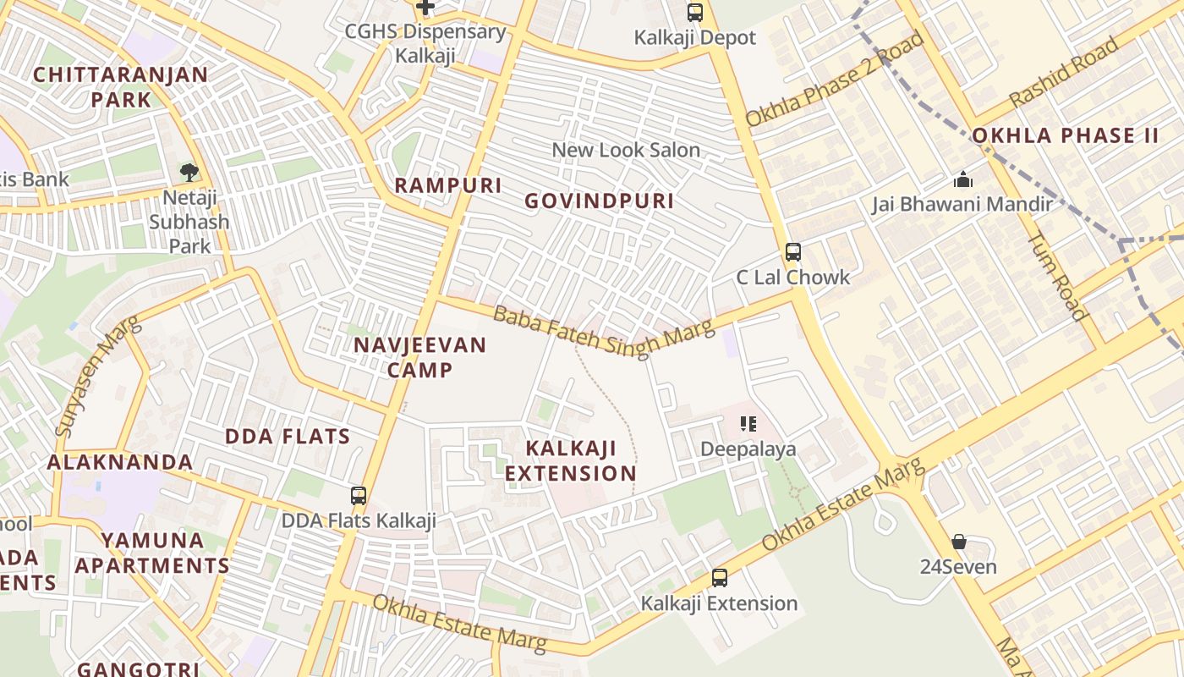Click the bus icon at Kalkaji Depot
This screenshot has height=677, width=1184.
[x=695, y=13]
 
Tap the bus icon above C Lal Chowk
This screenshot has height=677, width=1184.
[x=792, y=251]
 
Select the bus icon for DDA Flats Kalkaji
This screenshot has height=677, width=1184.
[x=359, y=496]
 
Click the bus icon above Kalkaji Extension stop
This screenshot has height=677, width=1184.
[x=719, y=578]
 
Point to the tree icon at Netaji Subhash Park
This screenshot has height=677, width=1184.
[x=189, y=173]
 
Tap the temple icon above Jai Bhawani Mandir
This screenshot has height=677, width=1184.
[x=962, y=179]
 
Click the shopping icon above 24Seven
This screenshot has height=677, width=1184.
[x=958, y=542]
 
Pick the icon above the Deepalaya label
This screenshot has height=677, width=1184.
[x=748, y=423]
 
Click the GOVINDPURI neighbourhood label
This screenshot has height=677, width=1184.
[x=599, y=201]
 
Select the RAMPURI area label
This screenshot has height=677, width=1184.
[x=448, y=185]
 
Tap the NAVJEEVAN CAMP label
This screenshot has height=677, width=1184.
[x=419, y=357]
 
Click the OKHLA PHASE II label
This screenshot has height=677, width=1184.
[x=1065, y=135]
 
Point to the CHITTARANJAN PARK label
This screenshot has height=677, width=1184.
[x=120, y=86]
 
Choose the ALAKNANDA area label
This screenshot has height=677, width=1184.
[x=120, y=462]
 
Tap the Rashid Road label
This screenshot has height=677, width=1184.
[x=1057, y=71]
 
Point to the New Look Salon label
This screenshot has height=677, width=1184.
[x=626, y=151]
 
